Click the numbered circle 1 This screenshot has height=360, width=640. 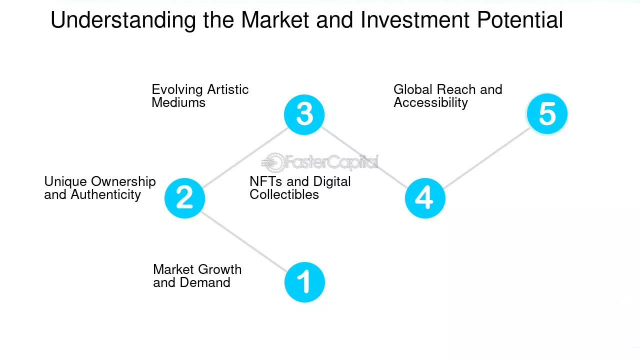[x=304, y=282]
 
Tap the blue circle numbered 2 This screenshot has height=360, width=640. [x=184, y=198]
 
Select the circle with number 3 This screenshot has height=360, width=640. [x=304, y=114]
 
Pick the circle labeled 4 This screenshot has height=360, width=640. [x=425, y=198]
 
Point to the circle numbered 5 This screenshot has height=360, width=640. [x=547, y=113]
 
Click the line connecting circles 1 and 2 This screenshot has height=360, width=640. [x=243, y=241]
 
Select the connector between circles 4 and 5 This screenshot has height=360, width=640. [x=487, y=157]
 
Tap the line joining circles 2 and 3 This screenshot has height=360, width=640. [x=245, y=157]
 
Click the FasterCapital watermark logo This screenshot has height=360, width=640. [x=319, y=162]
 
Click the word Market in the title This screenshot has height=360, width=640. [x=275, y=20]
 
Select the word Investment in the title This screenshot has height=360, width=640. [x=415, y=20]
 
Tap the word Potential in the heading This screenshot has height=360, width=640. [x=520, y=20]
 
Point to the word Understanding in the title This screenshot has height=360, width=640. [x=123, y=20]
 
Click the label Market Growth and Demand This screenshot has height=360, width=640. [x=197, y=275]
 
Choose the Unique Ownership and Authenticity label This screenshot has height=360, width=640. [x=100, y=187]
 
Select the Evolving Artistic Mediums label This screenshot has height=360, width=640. [x=200, y=95]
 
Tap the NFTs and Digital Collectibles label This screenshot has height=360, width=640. [x=300, y=187]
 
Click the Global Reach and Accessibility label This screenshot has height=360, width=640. [x=447, y=96]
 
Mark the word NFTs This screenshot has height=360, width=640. [x=265, y=181]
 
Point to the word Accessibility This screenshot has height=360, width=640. [x=430, y=102]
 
